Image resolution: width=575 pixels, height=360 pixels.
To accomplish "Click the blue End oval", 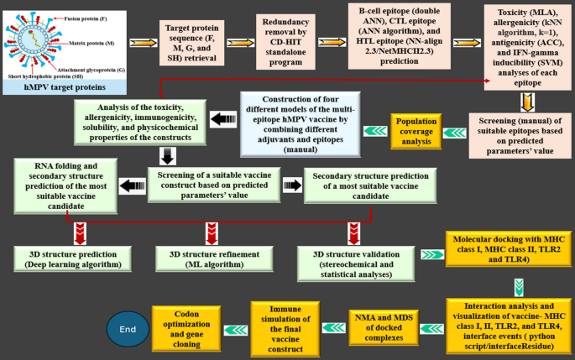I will coord(128,330).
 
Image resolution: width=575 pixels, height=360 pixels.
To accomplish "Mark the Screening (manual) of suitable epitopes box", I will coord(518,135).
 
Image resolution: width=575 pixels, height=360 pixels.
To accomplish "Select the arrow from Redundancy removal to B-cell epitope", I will coord(336,40).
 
